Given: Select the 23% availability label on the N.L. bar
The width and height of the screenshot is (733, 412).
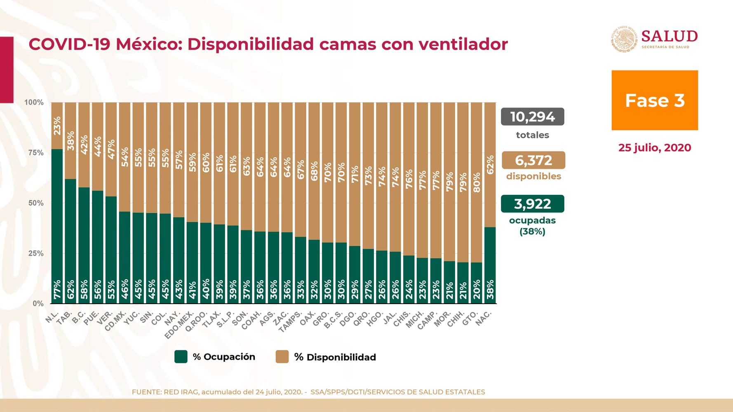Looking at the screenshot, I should click(57, 126).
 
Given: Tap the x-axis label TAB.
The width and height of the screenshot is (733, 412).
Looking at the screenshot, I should click(64, 318).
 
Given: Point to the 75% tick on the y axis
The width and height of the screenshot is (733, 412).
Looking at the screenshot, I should click(36, 153).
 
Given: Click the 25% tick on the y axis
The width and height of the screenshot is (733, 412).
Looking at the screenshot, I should click(36, 253).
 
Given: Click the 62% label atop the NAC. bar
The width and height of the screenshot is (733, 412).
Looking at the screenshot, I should click(490, 165).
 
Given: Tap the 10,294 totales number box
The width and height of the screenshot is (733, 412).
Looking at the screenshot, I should click(532, 117).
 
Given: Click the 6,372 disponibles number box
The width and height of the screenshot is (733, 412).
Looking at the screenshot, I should click(533, 160).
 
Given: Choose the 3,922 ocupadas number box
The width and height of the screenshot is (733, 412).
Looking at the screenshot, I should click(532, 204).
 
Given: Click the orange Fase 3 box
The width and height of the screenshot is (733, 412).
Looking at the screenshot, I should click(654, 101).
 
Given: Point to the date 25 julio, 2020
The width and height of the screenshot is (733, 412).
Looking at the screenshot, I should click(654, 148).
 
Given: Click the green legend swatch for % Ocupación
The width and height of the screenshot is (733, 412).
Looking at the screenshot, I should click(181, 357).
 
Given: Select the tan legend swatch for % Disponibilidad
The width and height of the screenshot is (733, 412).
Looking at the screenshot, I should click(282, 357).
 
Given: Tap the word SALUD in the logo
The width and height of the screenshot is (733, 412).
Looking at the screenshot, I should click(669, 36).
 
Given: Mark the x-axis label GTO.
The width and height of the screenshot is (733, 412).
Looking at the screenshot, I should click(470, 318).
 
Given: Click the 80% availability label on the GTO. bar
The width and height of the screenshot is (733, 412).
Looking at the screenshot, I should click(477, 183).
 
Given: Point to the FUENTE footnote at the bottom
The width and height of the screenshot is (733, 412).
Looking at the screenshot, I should click(308, 392).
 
